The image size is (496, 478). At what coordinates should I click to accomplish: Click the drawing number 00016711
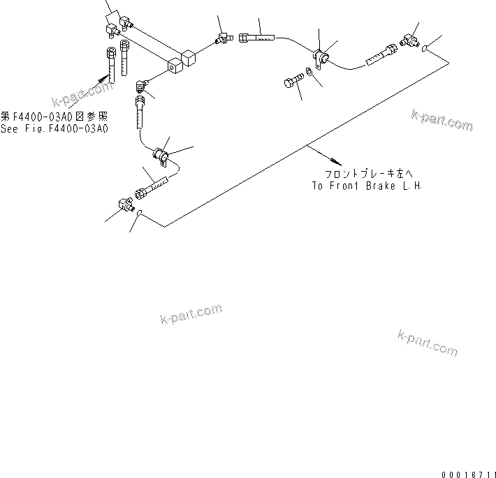(x=468, y=472)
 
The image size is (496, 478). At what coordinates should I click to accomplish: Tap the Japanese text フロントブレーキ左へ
(x=367, y=174)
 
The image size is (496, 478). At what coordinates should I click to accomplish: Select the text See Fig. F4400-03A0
(x=54, y=128)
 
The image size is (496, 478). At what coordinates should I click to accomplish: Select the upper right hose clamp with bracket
(x=321, y=58)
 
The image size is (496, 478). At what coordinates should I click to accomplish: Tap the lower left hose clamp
(x=160, y=155)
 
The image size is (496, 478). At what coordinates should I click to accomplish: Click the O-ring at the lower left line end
(x=140, y=214)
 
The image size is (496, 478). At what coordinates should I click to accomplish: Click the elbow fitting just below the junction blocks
(x=140, y=87)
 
